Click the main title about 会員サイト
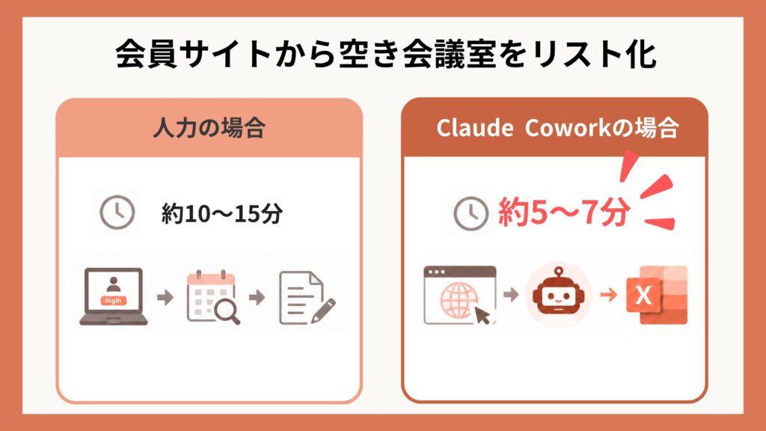tap(385, 53)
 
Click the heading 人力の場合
tap(209, 128)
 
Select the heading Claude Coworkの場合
tap(557, 128)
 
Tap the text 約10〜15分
tap(221, 213)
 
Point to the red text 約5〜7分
tap(564, 213)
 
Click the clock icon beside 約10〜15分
tap(117, 213)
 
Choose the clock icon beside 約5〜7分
tap(471, 213)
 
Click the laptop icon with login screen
tap(114, 296)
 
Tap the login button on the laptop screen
tap(114, 301)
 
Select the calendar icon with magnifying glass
tap(213, 296)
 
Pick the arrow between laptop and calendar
tap(165, 297)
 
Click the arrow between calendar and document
tap(257, 297)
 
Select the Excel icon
tap(657, 295)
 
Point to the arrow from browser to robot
tap(510, 295)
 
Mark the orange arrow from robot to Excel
tap(608, 295)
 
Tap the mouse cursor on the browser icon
tap(482, 315)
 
